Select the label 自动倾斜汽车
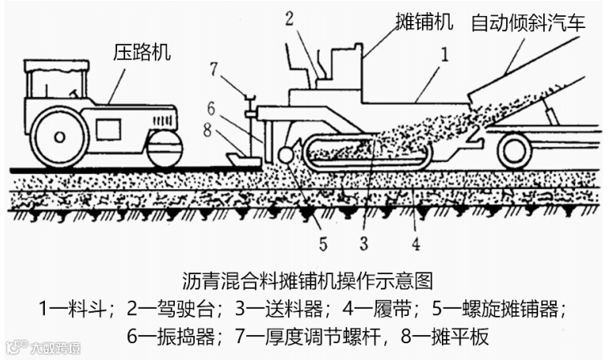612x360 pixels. coord(528,22)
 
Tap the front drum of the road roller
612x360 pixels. coord(165,148)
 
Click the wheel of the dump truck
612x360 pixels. coord(514,150)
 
